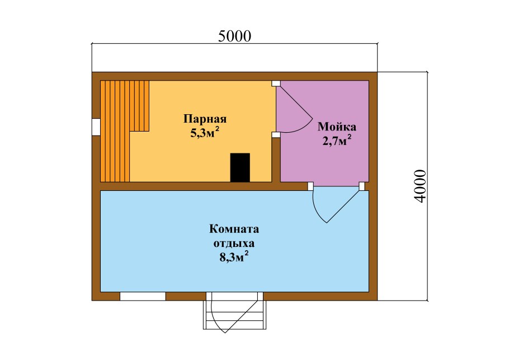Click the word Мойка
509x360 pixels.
coord(337,126)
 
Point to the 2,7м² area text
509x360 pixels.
coord(336,140)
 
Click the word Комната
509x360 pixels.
coord(234,229)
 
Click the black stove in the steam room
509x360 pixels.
coord(241,167)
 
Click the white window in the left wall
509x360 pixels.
coord(96,127)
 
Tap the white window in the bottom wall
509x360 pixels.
coord(143,296)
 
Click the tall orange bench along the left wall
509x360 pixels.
coord(115,131)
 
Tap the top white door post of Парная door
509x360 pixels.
coord(275,83)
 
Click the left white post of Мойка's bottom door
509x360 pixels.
coord(310,186)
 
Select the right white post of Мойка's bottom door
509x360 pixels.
coord(362,186)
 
